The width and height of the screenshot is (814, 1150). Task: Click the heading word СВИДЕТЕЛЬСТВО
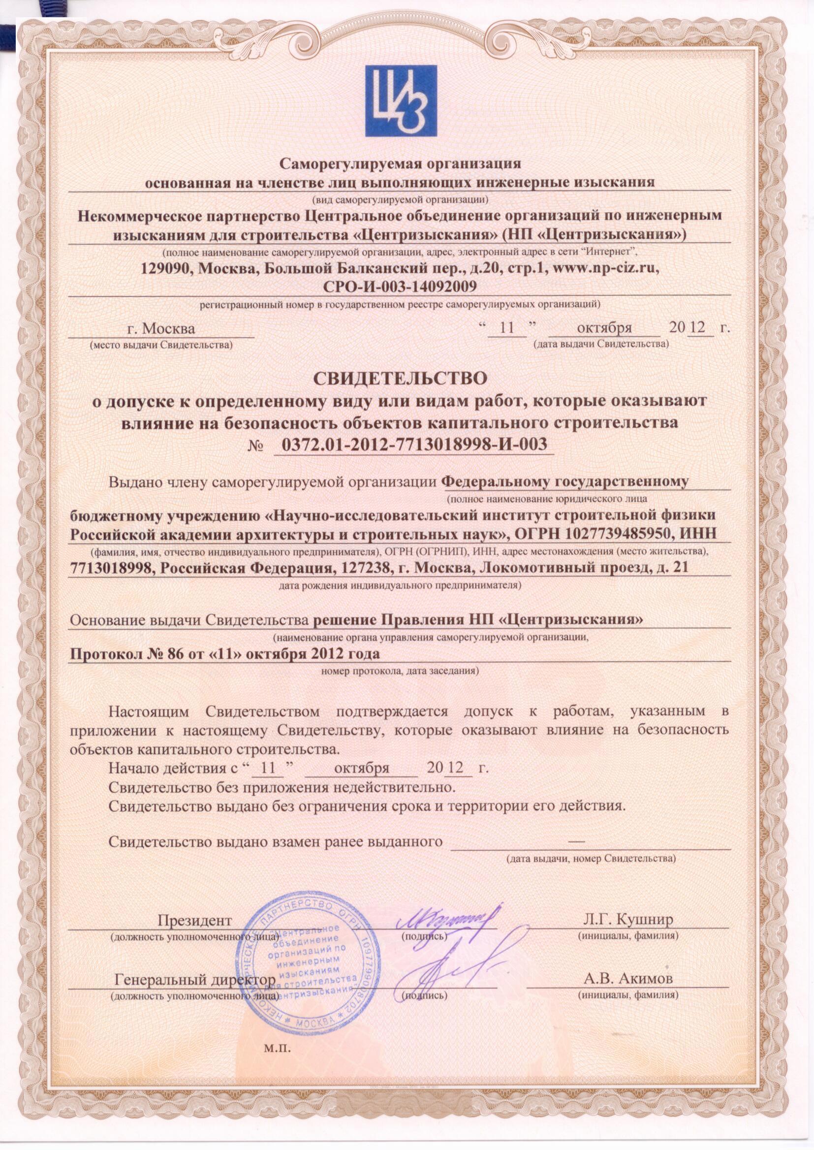click(400, 378)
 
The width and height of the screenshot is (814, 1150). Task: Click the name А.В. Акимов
click(628, 978)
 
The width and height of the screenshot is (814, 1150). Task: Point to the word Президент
click(194, 921)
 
